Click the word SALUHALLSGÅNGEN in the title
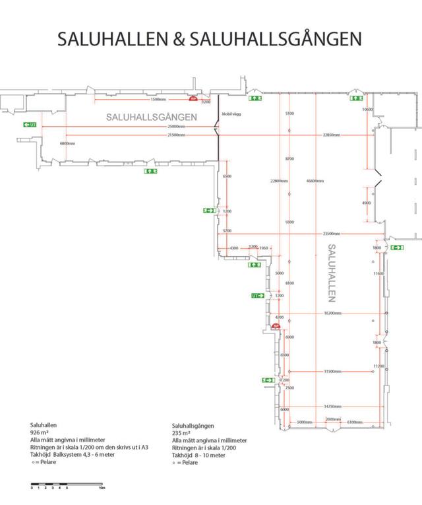[x=275, y=38]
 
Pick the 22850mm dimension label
[x=332, y=135]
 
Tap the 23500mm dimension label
[x=332, y=234]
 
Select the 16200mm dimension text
[x=332, y=314]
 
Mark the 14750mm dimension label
[x=332, y=406]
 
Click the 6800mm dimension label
[x=68, y=143]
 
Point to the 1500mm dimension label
[x=158, y=99]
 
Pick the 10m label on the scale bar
[x=102, y=489]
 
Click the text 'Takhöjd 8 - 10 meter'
[x=198, y=455]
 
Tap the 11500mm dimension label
[x=332, y=372]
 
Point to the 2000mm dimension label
[x=333, y=420]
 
